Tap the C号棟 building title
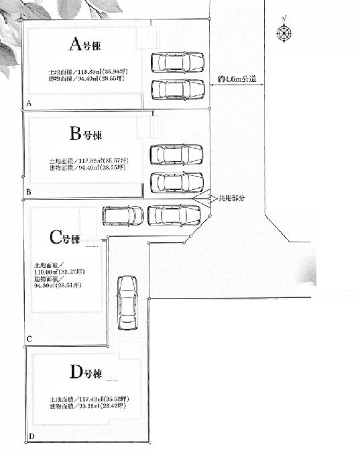tap(64, 238)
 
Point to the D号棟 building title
tap(86, 373)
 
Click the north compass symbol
tap(284, 32)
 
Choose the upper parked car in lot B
tap(176, 155)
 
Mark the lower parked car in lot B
tap(176, 182)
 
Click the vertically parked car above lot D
tap(126, 302)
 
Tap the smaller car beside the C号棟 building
tap(123, 215)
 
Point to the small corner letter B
tap(28, 193)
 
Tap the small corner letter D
tap(31, 437)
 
